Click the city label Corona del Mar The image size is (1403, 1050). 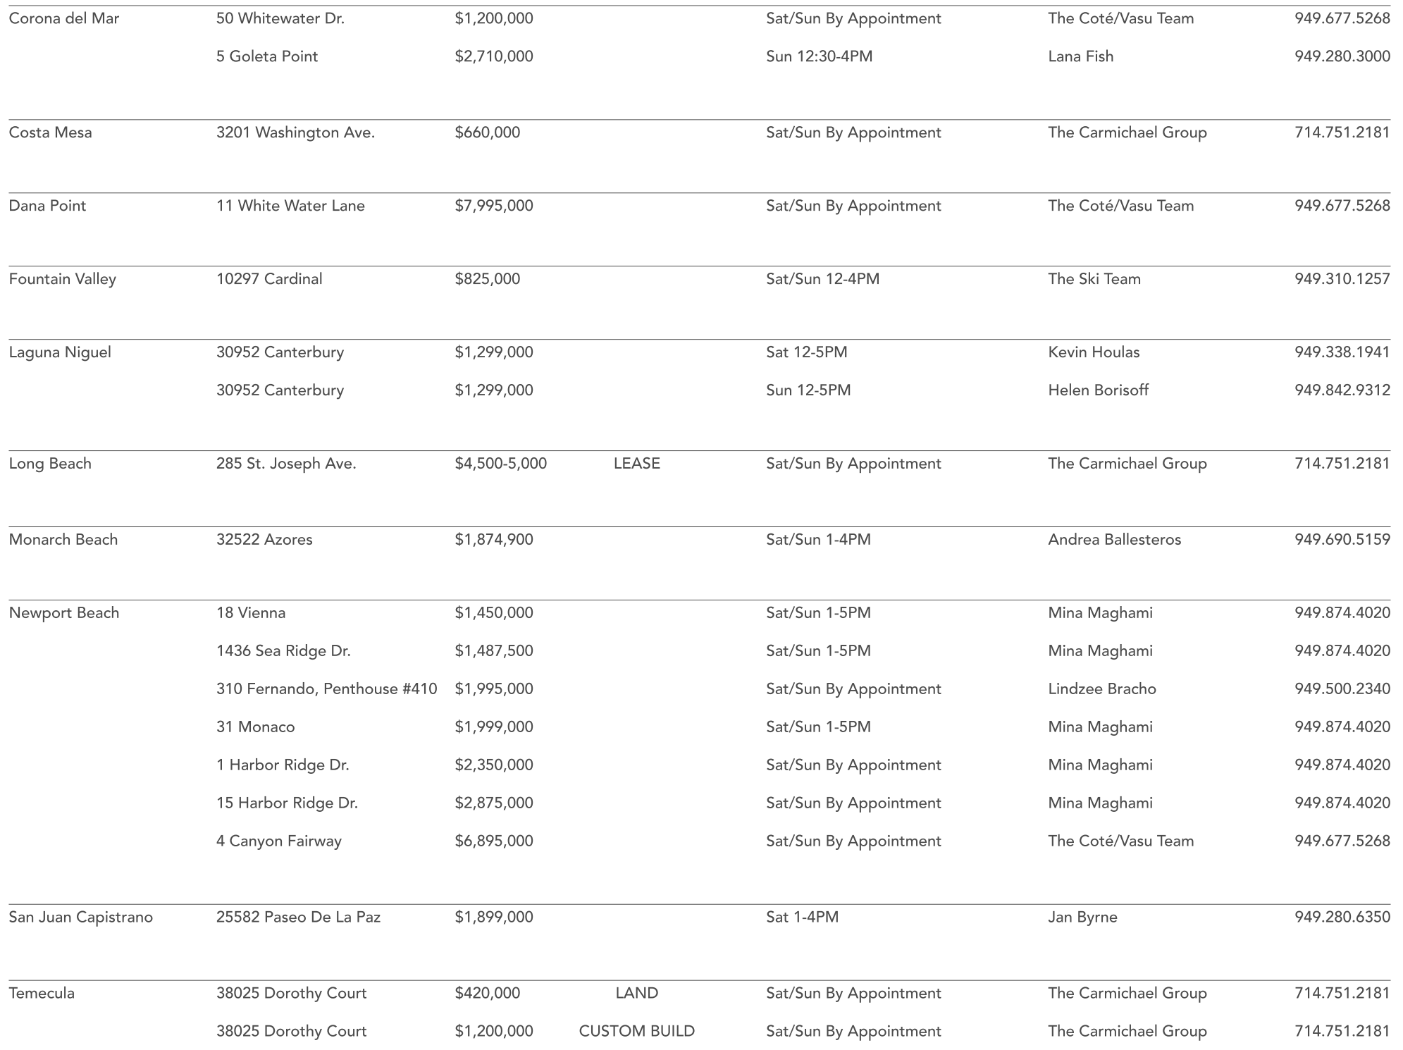64,18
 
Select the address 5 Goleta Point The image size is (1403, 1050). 267,56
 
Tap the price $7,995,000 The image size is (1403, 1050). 494,206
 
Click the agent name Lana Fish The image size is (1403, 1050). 1081,56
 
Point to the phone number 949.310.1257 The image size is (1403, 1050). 1342,279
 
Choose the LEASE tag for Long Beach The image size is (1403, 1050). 637,464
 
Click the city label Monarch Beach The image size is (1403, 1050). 63,540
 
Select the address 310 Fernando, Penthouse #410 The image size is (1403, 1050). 327,689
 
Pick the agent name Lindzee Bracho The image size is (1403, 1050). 1102,689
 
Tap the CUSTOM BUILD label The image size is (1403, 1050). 637,1032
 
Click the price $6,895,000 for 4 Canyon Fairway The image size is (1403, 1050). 494,841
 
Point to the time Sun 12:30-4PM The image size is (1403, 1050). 820,56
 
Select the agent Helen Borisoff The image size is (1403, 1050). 1099,390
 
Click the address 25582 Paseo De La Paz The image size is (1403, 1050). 299,918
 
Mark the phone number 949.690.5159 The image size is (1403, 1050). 1342,540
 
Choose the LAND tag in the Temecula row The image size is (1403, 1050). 637,994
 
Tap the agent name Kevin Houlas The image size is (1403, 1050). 1094,352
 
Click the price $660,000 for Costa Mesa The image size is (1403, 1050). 488,132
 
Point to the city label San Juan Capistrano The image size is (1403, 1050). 81,918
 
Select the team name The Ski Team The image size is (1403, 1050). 1094,279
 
